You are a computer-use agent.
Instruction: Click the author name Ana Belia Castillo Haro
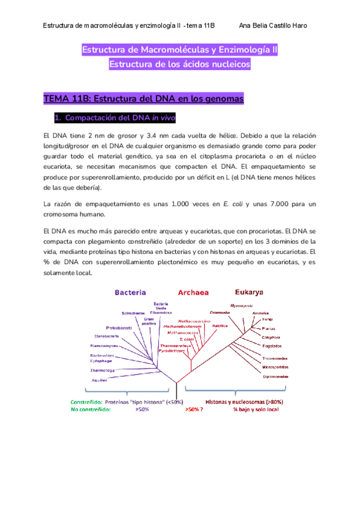pyautogui.click(x=274, y=26)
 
